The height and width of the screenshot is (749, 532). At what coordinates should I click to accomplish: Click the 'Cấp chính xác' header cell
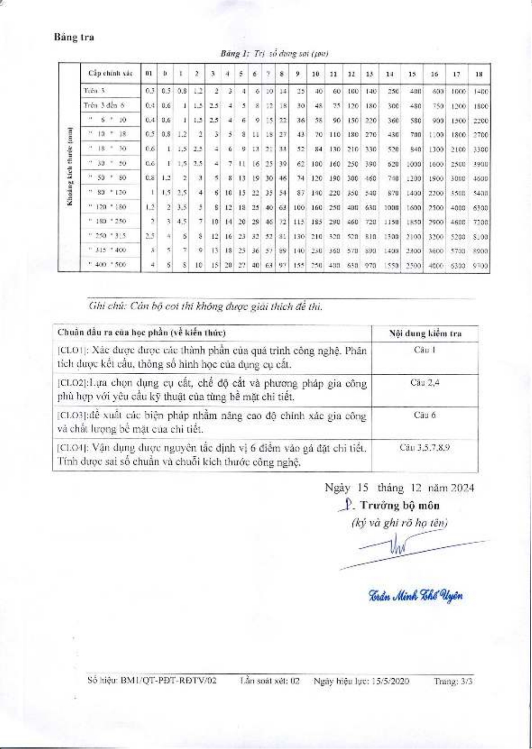coord(110,73)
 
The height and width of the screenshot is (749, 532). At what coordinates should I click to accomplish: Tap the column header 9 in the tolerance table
coord(298,74)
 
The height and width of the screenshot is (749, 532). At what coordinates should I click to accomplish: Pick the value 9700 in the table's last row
coord(480,266)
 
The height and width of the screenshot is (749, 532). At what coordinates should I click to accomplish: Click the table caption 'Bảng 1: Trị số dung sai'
coord(274,54)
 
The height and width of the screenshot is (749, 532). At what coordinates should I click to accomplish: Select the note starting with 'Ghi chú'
coord(206,307)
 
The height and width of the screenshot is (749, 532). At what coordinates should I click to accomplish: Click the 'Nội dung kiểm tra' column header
coord(425,334)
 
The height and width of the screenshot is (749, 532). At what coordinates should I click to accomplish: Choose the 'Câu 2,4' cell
coord(425,382)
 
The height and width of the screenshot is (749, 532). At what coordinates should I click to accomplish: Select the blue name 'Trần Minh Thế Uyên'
coord(415,596)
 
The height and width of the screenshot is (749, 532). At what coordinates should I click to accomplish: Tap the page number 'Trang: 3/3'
coord(453,681)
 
